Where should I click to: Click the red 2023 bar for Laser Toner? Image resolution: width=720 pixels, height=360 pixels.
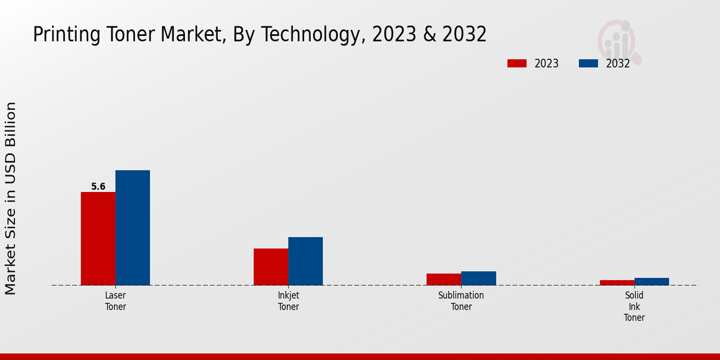click(98, 238)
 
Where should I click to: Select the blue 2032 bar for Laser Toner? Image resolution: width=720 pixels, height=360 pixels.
click(133, 227)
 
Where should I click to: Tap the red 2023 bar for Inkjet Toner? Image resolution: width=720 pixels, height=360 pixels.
click(271, 266)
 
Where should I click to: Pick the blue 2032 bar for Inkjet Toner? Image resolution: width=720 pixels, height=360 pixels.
click(305, 261)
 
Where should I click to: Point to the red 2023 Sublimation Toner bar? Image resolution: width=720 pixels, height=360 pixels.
click(443, 279)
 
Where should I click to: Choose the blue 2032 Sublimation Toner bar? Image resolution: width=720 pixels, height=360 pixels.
click(478, 278)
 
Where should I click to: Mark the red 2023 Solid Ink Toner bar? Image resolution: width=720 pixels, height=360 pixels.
click(617, 283)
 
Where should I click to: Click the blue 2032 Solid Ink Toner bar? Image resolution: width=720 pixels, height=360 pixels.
click(652, 281)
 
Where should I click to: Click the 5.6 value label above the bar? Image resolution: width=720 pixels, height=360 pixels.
click(98, 187)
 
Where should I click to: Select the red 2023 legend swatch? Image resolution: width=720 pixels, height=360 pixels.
click(517, 64)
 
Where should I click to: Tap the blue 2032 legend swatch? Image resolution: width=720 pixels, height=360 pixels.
click(588, 64)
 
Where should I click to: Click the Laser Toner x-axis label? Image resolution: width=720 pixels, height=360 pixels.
click(115, 301)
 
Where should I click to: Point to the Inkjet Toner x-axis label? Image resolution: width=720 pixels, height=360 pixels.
click(288, 301)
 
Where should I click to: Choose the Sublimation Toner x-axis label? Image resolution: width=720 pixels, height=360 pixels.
click(461, 301)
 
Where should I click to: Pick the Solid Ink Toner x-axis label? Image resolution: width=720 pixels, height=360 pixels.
click(634, 307)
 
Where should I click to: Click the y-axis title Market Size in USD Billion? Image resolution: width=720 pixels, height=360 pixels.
click(11, 198)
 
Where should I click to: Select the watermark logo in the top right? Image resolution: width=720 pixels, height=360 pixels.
click(619, 41)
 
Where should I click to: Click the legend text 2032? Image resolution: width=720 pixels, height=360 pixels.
click(617, 64)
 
